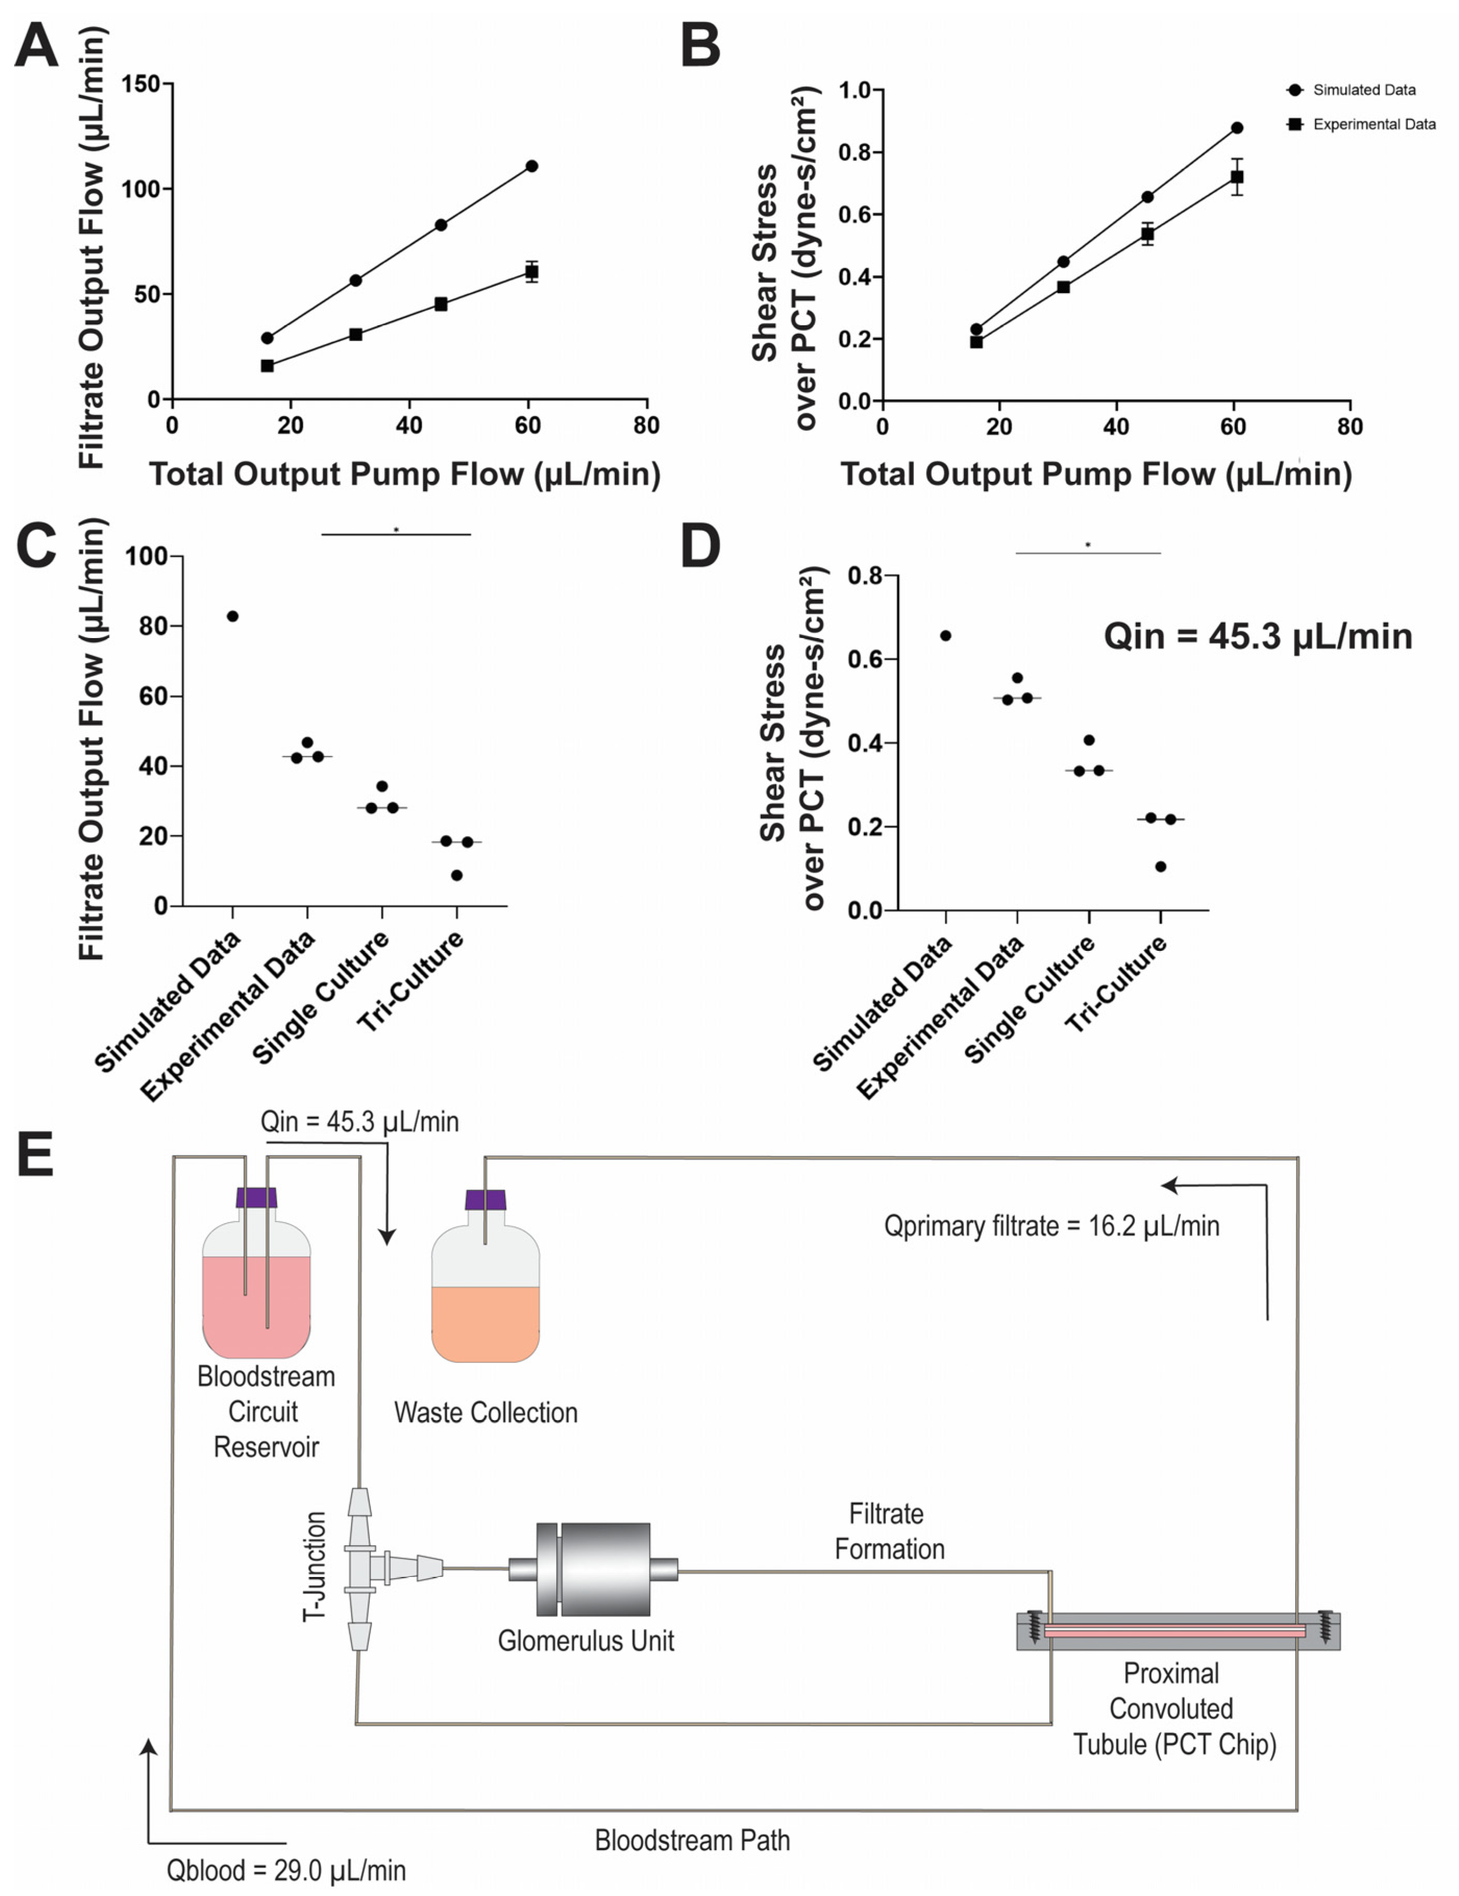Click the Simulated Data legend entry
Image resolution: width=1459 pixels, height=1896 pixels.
coord(1363,90)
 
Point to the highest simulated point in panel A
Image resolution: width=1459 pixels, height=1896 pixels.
coord(531,166)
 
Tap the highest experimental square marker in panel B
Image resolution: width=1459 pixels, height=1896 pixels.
coord(1237,177)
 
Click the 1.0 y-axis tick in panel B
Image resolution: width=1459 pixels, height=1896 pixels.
coord(855,90)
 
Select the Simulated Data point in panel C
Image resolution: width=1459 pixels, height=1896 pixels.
coord(232,616)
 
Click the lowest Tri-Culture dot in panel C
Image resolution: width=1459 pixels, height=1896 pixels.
coord(456,875)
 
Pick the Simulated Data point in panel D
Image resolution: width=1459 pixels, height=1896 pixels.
coord(946,635)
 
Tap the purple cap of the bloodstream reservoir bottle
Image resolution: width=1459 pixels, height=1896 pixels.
coord(256,1198)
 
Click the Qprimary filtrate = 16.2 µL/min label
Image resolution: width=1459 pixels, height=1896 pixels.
coord(1051,1226)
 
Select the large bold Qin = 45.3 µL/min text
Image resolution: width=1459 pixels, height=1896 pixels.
coord(1258,637)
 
